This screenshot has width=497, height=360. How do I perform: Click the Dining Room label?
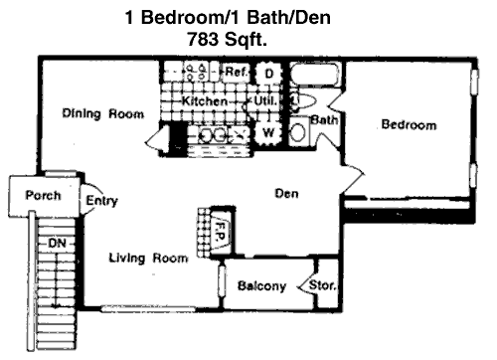[103, 113]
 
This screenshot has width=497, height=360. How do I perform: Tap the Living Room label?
[148, 258]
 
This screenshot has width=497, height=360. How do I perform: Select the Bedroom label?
[409, 124]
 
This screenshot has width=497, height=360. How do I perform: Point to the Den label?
[286, 193]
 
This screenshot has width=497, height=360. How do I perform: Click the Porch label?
[43, 195]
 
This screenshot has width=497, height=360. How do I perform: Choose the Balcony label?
[261, 285]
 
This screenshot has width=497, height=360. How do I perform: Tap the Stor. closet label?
[322, 284]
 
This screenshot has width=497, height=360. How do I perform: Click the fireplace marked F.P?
[221, 231]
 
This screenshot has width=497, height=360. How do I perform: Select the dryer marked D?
[268, 74]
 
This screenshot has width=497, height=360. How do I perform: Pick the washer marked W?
[268, 132]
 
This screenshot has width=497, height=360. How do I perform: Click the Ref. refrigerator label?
[237, 72]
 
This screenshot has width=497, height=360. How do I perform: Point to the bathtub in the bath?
[315, 75]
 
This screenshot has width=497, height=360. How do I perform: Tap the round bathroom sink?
[298, 132]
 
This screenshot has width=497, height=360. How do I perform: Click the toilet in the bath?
[303, 100]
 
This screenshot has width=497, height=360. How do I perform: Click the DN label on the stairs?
[57, 244]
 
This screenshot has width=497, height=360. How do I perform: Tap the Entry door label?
[101, 200]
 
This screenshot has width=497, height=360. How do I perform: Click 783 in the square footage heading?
[203, 39]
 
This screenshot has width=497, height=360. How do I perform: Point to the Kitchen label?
[205, 100]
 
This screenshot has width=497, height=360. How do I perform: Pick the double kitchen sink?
[212, 135]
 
